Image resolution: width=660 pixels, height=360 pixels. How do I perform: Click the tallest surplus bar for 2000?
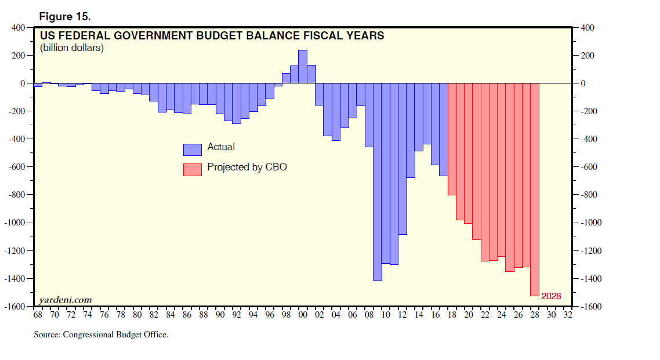point(303,67)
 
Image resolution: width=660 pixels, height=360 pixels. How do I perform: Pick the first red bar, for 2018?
point(452,139)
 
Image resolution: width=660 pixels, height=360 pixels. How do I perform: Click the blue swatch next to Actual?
point(193,150)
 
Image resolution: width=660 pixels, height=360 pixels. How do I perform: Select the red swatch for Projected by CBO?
point(193,169)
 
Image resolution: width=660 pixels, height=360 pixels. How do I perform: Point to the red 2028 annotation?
point(551,296)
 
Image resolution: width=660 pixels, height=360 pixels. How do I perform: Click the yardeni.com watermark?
point(65,300)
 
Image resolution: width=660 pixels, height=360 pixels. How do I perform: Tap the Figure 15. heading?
point(65,16)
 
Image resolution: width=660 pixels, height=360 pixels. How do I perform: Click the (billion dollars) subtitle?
point(72,48)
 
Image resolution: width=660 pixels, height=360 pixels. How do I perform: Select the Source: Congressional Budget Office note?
point(101,334)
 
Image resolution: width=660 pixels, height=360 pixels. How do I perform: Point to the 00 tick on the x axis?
point(303,315)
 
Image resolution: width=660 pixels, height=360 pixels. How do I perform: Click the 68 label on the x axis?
point(38,315)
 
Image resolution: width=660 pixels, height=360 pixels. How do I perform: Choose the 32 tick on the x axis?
point(568,315)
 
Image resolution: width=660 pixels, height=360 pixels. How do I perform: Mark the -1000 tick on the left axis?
point(16,223)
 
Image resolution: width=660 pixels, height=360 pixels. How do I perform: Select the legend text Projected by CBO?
point(247,168)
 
